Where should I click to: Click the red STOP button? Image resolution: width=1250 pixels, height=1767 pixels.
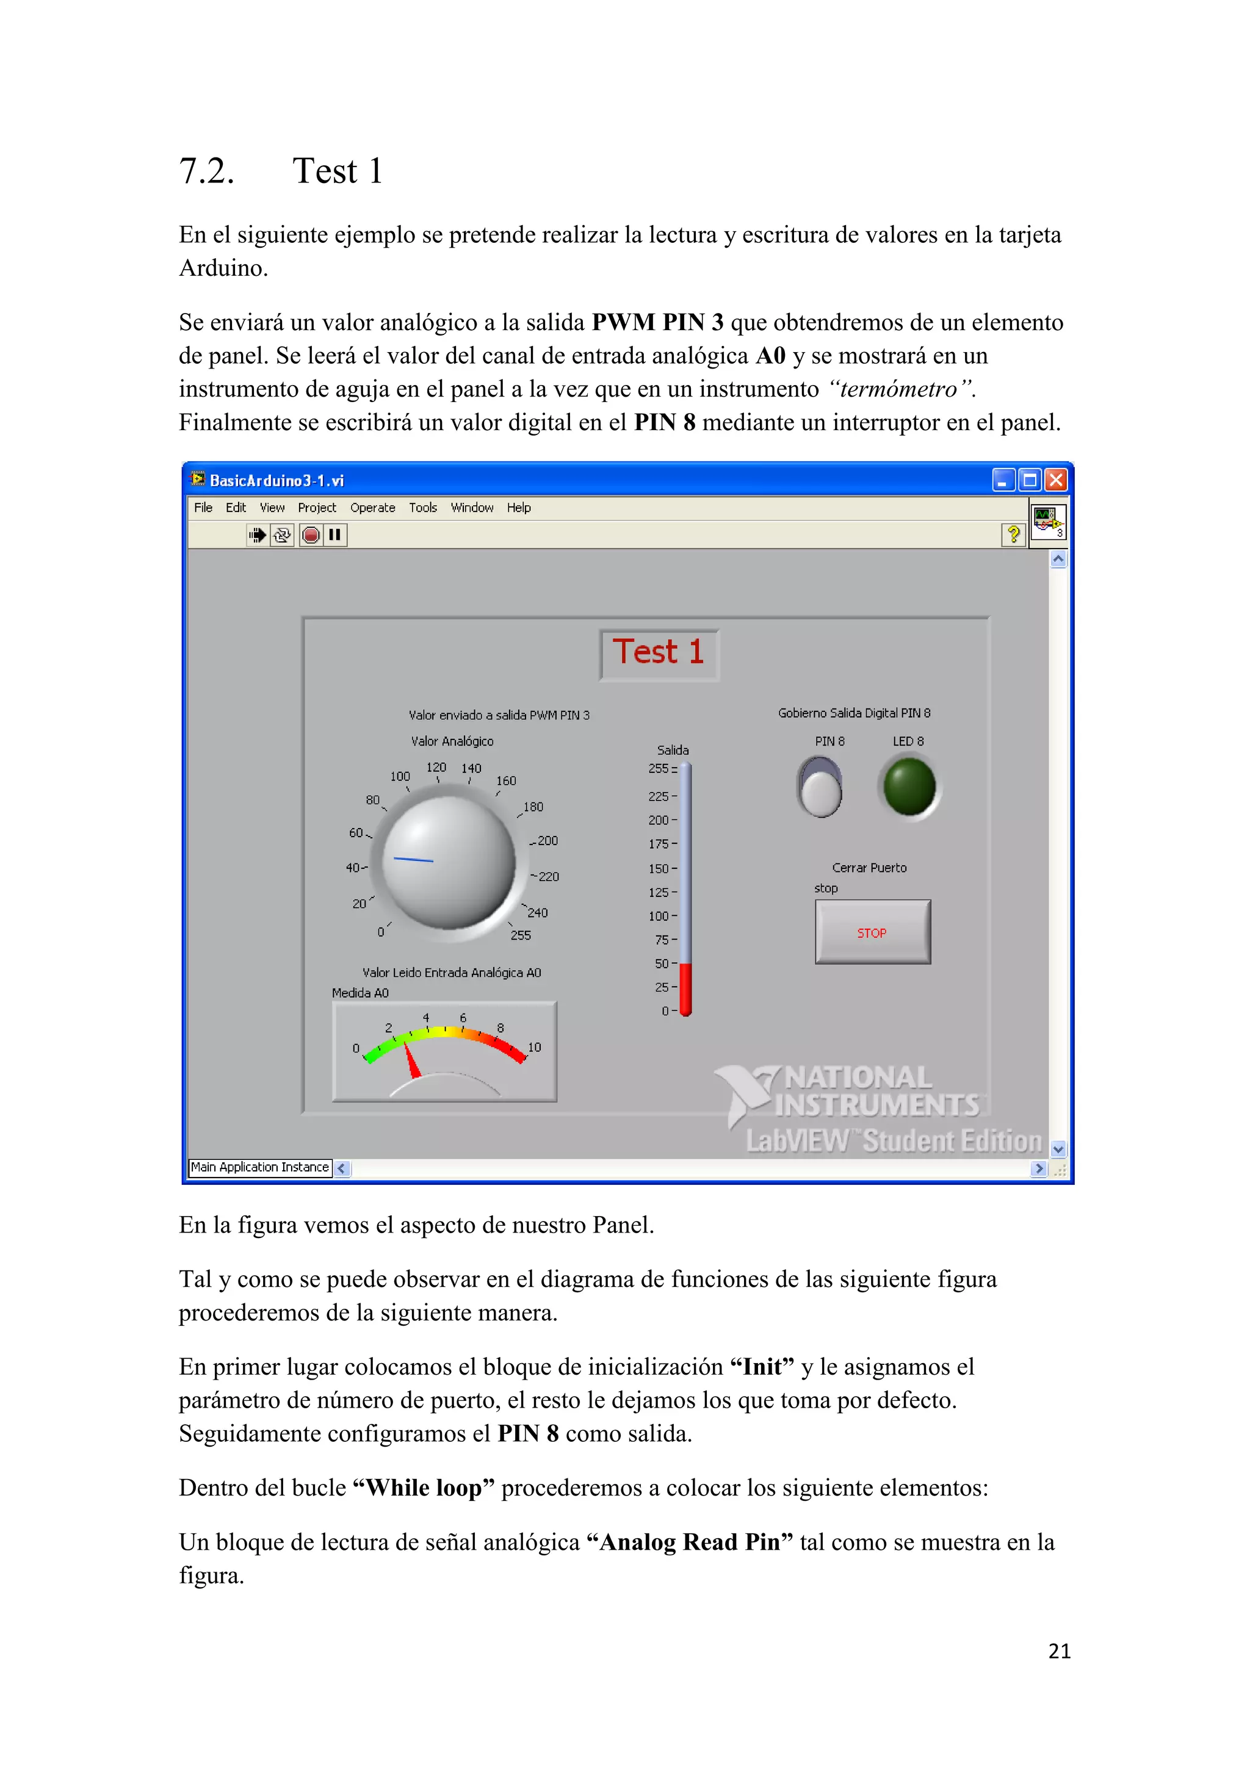[872, 932]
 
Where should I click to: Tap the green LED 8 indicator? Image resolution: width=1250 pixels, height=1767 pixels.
[909, 786]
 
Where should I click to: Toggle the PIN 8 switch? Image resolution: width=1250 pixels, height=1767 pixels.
[820, 787]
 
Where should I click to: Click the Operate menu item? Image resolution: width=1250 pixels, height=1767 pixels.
[372, 508]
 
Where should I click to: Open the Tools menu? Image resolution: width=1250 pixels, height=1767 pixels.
[422, 508]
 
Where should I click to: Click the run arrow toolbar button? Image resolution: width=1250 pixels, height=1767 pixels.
[258, 535]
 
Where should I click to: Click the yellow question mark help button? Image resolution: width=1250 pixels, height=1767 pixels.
[1013, 534]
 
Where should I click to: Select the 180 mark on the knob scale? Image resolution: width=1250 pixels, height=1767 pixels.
[533, 807]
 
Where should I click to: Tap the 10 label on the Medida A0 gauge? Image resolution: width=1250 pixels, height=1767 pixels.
[534, 1048]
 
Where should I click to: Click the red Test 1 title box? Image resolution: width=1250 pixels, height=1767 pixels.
[659, 653]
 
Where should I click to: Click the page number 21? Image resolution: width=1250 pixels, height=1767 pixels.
[1059, 1652]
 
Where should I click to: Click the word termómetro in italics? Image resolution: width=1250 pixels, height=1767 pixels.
[898, 389]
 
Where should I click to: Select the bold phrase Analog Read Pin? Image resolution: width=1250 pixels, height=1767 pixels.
[689, 1542]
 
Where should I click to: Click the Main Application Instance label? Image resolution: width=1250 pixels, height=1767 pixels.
[259, 1167]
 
